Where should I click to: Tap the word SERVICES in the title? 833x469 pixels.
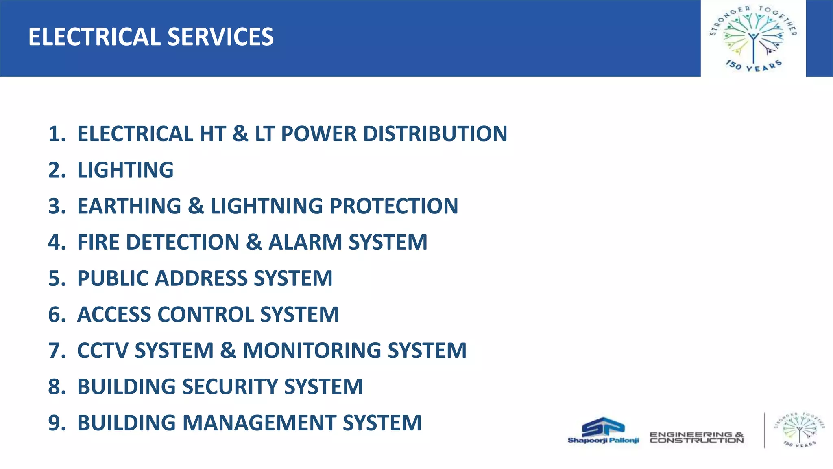coord(220,37)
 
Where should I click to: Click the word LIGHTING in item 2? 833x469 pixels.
coord(125,170)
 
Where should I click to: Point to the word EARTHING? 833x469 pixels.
coord(129,206)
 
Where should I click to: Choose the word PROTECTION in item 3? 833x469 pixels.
coord(394,206)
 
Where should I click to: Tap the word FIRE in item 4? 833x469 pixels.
coord(98,242)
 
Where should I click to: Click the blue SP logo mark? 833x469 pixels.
coord(603,427)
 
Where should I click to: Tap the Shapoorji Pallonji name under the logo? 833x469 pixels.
coord(603,440)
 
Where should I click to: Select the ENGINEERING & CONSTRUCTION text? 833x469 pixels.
coord(696,438)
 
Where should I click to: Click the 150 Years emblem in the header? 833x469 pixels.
coord(753,38)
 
